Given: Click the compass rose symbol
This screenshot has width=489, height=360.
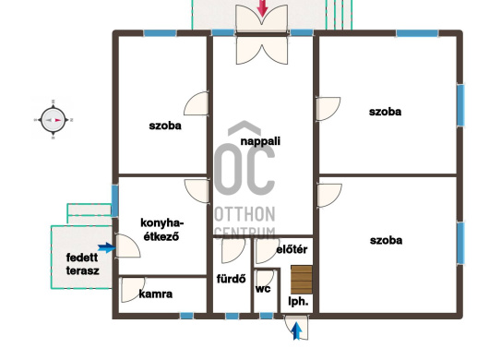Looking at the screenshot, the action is (53, 120).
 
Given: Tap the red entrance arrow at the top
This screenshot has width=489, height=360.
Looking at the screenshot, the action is (263, 8).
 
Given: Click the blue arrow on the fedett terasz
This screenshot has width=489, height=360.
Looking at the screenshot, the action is (107, 247).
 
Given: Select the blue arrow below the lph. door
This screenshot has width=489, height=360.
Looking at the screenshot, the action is (296, 331).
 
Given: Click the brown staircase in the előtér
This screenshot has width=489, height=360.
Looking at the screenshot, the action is (302, 280).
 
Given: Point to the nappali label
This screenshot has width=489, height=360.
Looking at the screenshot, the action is (260, 141).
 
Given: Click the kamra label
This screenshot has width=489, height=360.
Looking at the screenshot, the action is (156, 294).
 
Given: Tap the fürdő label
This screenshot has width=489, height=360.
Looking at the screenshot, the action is (231, 279).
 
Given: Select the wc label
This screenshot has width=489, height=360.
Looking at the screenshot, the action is (263, 289).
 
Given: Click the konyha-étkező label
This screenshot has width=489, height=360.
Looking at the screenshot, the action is (161, 230).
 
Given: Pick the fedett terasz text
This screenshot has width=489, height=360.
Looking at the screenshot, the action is (83, 264).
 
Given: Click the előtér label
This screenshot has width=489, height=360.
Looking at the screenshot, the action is (292, 249).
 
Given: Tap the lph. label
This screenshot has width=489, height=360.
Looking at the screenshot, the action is (298, 301).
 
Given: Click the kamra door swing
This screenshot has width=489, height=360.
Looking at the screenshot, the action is (133, 290).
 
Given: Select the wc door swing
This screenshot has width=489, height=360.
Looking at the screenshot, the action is (265, 279).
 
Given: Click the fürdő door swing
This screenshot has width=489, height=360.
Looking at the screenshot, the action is (233, 250).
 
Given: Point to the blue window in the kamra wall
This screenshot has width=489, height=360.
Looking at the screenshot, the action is (186, 316).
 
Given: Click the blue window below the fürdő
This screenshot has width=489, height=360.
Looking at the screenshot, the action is (232, 316).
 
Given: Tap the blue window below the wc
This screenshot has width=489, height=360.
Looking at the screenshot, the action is (267, 316).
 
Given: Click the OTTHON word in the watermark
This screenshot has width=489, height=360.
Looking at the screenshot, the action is (244, 214).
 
